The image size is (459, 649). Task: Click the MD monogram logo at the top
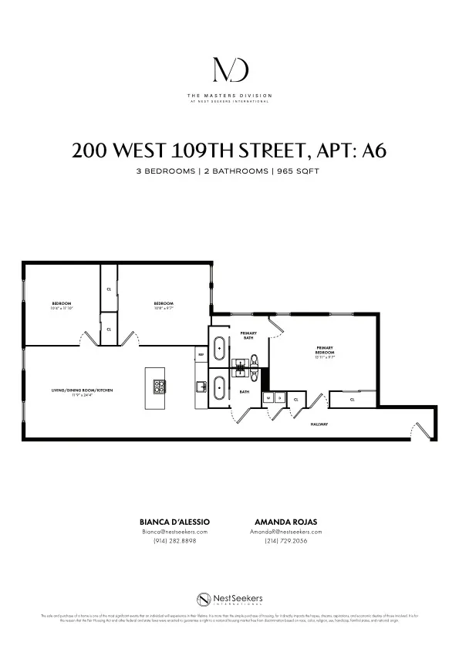point(229,69)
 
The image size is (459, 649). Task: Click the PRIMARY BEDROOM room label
point(324,352)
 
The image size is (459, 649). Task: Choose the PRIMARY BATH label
point(248,334)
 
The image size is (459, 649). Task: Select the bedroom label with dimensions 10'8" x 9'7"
point(164,305)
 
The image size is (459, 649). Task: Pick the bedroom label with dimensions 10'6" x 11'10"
point(62,305)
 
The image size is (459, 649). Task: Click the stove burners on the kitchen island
point(161,387)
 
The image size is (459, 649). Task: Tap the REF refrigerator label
point(201,354)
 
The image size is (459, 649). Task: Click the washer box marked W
point(268,398)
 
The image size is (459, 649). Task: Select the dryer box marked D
point(279,398)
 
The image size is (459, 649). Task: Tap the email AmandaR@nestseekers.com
point(286,532)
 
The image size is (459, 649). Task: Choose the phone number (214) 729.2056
point(286,541)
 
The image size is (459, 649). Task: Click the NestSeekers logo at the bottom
point(228,600)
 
